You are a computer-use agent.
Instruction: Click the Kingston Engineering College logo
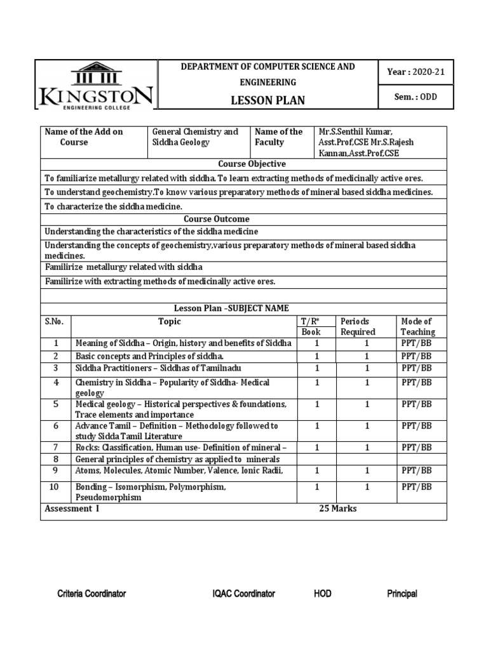(95, 86)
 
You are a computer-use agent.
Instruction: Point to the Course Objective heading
(243, 164)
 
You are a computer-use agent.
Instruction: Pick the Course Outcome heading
(243, 219)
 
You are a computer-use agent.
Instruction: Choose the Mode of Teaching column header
(417, 326)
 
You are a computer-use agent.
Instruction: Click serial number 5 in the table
(56, 404)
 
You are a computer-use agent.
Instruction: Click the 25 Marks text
(338, 508)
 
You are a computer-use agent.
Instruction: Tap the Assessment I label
(72, 508)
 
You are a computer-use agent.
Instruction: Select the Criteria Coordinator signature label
(91, 594)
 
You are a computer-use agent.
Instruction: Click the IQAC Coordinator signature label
(243, 594)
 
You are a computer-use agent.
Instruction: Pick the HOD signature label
(322, 594)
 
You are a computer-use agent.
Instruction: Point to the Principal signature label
(402, 594)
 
